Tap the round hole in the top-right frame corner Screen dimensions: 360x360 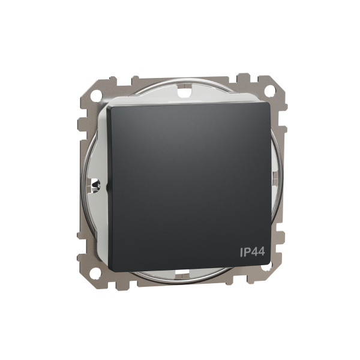(x=269, y=91)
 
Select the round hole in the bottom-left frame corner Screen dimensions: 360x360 (x=95, y=271)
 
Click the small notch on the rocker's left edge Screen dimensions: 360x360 (x=107, y=187)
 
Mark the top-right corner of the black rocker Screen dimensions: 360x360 (x=268, y=103)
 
